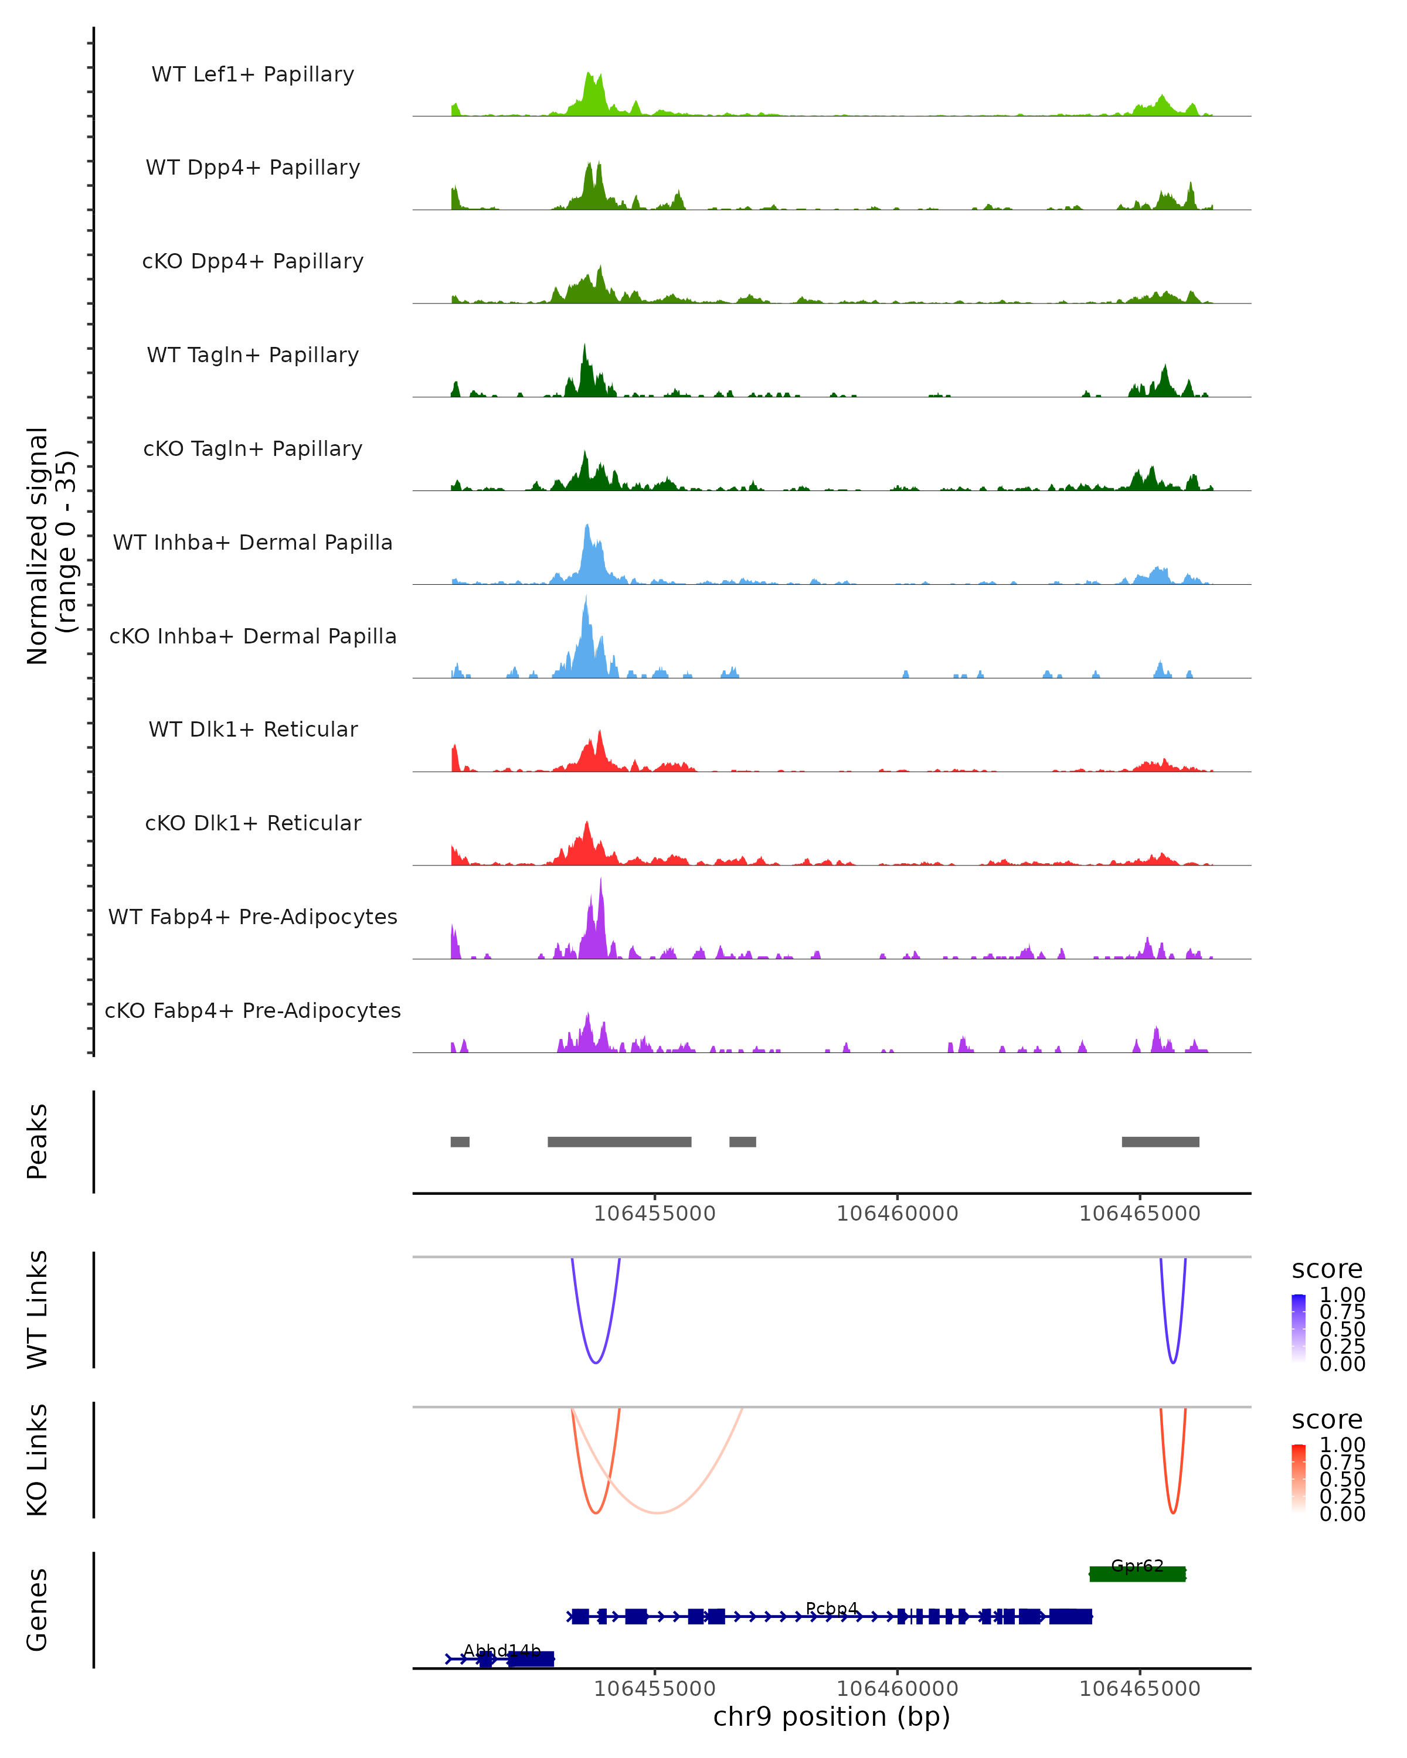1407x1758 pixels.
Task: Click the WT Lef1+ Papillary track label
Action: coord(253,74)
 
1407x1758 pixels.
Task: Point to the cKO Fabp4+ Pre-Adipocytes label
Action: coord(253,1010)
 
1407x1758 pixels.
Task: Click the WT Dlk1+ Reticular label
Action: coord(253,729)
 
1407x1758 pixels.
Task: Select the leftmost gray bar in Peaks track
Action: coord(460,1142)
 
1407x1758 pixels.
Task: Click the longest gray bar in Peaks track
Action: coord(619,1142)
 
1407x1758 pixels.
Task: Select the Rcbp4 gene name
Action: coord(831,1609)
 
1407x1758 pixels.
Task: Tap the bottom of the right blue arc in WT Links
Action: coord(1173,1362)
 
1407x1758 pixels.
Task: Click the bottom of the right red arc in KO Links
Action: coord(1173,1512)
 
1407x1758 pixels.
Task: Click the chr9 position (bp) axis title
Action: coord(831,1717)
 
